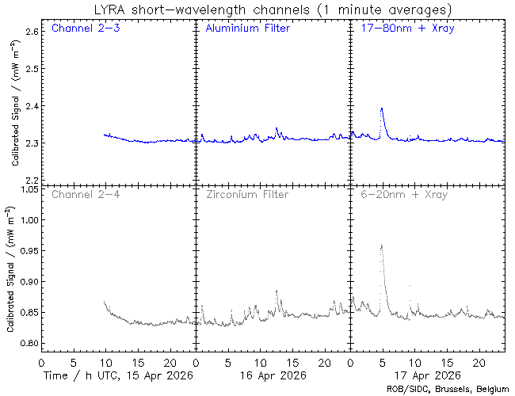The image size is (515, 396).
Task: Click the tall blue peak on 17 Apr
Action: pyautogui.click(x=382, y=109)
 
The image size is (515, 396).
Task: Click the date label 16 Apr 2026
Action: pyautogui.click(x=271, y=375)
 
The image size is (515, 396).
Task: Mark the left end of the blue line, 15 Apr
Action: pyautogui.click(x=105, y=135)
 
